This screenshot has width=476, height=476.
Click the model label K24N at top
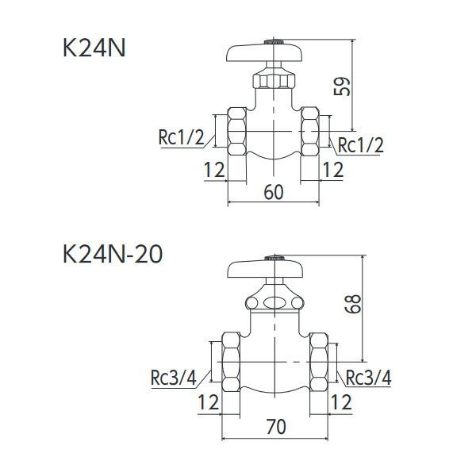coord(94,48)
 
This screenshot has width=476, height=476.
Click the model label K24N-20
coord(113,255)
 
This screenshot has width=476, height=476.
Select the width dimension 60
coord(274,193)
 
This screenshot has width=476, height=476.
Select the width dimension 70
coord(275,426)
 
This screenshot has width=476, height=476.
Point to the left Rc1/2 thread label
coord(181,138)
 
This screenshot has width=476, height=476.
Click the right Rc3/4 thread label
coord(368,378)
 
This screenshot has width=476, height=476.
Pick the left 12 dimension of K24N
coord(214,169)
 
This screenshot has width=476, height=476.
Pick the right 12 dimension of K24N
coord(333,169)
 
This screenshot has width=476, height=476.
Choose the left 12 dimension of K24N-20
coord(208,402)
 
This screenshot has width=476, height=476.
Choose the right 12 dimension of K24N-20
coord(340,402)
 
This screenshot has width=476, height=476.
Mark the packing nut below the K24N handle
coord(272,81)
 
